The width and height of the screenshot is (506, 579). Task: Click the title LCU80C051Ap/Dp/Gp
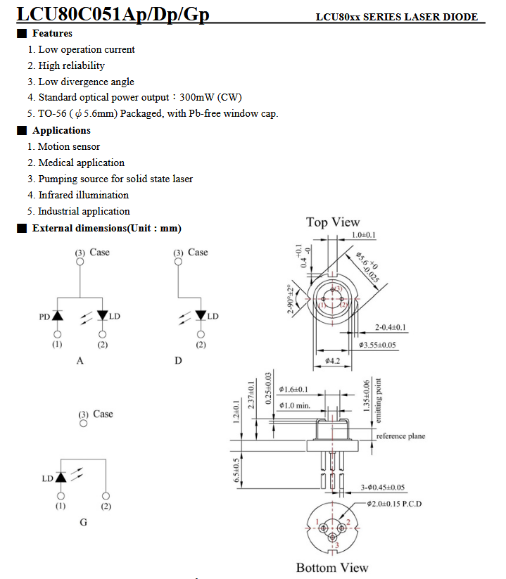click(113, 14)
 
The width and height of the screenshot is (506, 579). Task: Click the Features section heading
click(52, 33)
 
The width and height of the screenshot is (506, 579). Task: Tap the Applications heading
click(61, 130)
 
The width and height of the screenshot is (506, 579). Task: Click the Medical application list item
click(81, 163)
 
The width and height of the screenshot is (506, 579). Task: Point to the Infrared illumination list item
click(84, 195)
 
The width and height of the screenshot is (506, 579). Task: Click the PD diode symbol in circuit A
click(57, 316)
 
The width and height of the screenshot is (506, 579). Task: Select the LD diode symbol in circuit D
click(201, 315)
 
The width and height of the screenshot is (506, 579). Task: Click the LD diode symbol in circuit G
click(61, 477)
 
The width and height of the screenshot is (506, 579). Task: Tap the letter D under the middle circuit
click(178, 360)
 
